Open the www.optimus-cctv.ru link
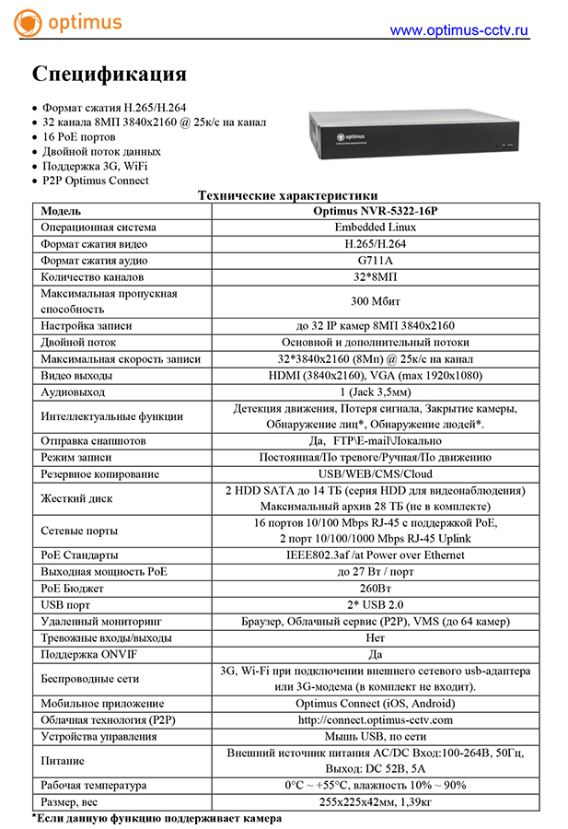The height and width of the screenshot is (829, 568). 459,30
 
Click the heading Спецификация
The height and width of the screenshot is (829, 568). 110,74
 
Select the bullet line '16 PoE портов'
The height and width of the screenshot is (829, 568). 79,136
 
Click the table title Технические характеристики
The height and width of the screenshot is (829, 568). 288,195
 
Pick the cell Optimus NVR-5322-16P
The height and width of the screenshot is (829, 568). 375,211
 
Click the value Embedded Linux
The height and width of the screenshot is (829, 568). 375,227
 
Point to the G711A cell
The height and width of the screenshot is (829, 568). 375,260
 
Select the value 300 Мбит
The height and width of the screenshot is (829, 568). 375,301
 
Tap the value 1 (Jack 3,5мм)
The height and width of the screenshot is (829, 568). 375,392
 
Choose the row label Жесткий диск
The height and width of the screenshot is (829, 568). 77,498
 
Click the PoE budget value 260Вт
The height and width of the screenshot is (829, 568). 375,588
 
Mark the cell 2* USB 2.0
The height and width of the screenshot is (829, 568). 375,604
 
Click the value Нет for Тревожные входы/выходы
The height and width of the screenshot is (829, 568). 375,637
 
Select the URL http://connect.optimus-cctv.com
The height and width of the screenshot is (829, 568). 375,719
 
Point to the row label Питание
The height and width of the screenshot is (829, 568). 63,761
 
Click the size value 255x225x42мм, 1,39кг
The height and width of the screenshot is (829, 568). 375,802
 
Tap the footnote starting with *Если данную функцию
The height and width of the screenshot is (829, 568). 156,818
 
